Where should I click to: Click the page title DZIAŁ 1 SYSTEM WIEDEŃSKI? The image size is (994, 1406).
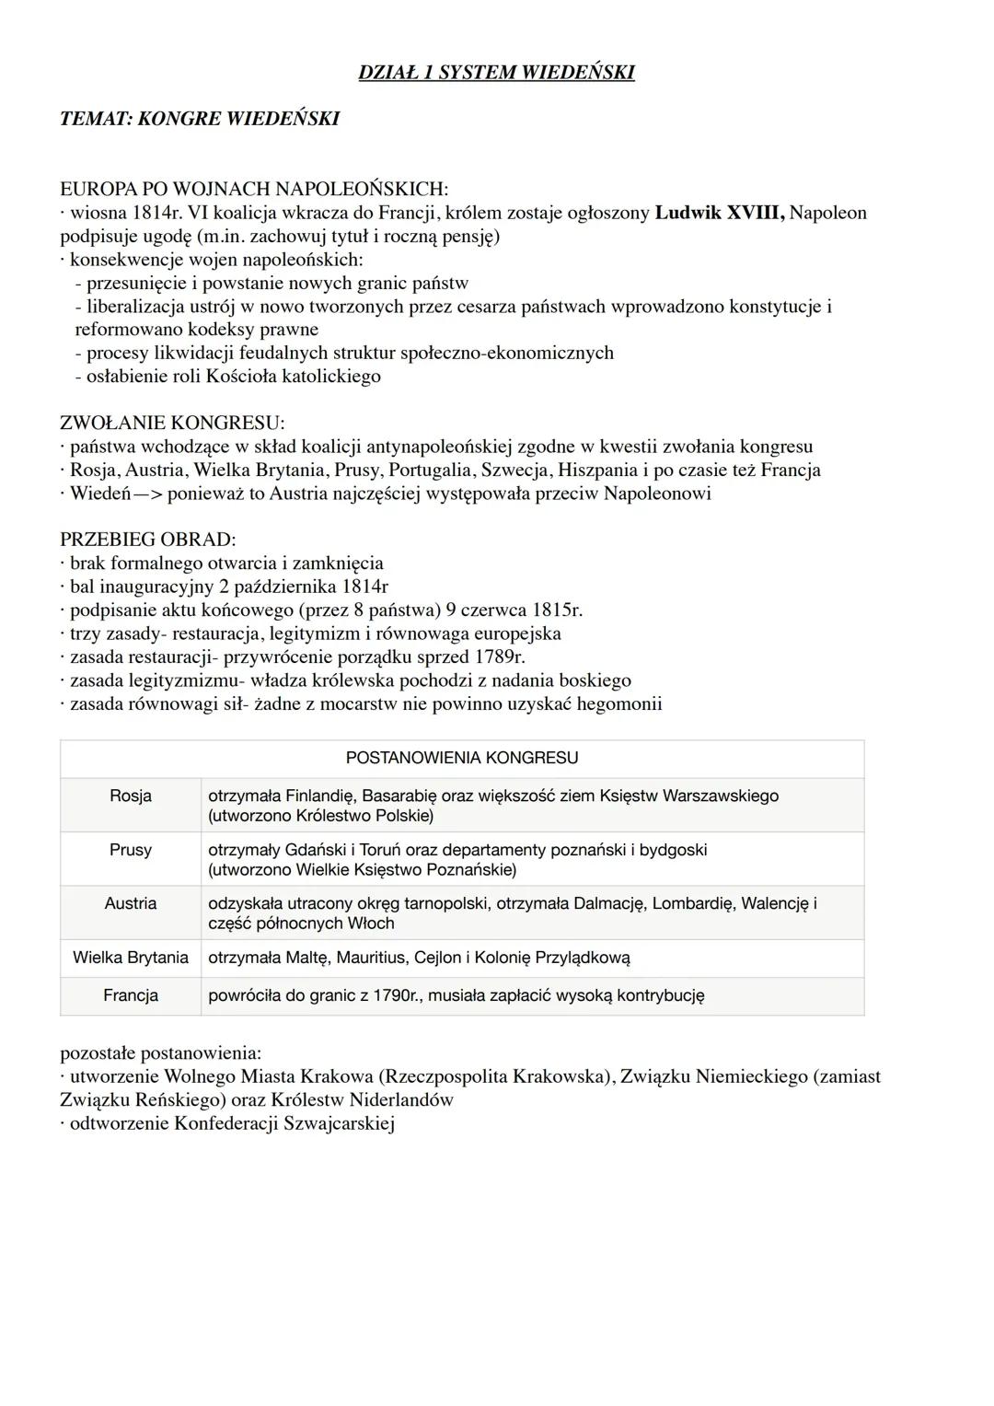pos(496,73)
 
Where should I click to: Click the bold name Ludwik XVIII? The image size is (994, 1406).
pos(719,214)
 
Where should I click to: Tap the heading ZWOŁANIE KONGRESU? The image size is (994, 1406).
pos(172,424)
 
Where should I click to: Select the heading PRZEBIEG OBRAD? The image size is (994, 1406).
pos(147,540)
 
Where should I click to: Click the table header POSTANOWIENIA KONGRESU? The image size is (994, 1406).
pos(462,759)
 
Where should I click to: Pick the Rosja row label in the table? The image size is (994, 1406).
pos(131,796)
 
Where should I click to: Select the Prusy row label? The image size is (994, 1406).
pos(131,850)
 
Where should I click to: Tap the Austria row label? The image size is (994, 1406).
pos(131,903)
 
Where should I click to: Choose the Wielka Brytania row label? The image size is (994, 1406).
pos(131,958)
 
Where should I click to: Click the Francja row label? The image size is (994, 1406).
pos(131,995)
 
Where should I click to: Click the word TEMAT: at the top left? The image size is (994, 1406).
pos(95,119)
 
